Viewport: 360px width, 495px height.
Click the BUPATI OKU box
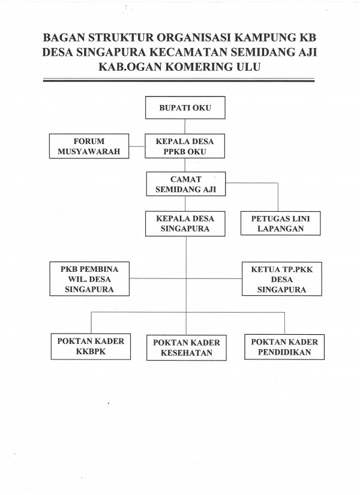coord(185,109)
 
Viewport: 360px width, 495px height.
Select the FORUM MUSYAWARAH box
coord(89,146)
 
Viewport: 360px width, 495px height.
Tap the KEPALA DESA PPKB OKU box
coord(185,146)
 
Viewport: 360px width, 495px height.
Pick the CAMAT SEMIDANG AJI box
coord(185,184)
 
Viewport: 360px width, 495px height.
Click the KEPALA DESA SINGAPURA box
coord(185,223)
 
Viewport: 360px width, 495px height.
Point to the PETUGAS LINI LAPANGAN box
coord(279,223)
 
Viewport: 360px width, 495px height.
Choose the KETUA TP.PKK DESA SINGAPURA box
coord(278,278)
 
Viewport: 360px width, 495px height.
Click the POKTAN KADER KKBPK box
coord(91,346)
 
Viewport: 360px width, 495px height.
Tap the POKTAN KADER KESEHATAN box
coord(186,347)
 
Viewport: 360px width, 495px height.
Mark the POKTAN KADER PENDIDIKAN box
coord(283,346)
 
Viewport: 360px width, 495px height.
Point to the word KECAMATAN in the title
coord(200,53)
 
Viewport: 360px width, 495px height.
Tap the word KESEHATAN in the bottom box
coord(186,353)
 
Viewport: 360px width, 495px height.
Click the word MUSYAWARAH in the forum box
coord(89,151)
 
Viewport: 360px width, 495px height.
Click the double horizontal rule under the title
coord(180,80)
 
